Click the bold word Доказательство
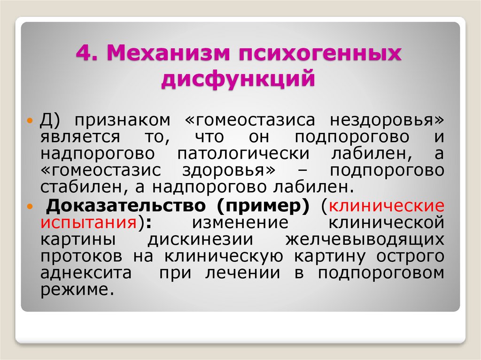pyautogui.click(x=126, y=206)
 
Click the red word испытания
pyautogui.click(x=89, y=222)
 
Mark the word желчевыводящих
pyautogui.click(x=365, y=239)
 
